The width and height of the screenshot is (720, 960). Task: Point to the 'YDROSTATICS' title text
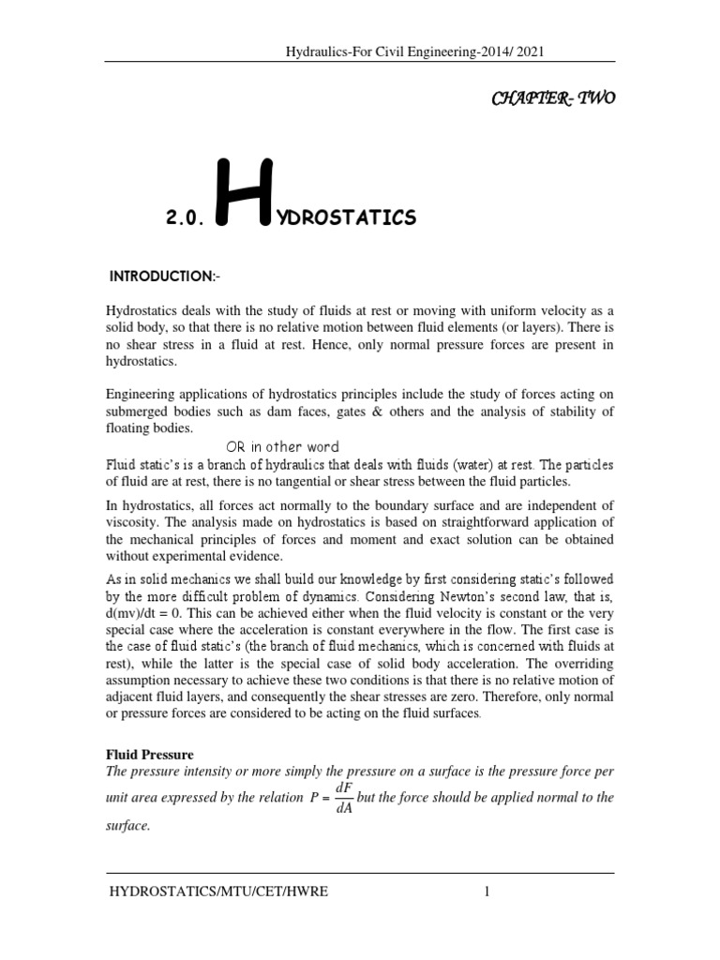point(333,219)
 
